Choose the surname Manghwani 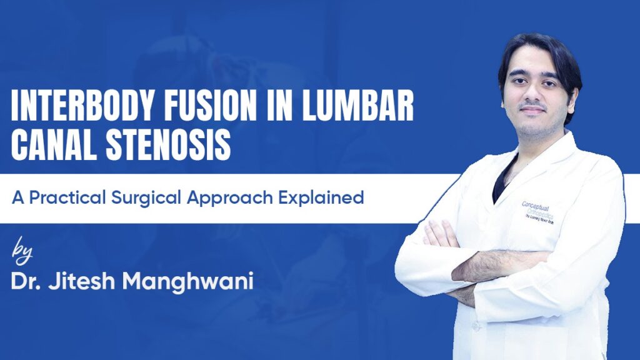coord(187,282)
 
